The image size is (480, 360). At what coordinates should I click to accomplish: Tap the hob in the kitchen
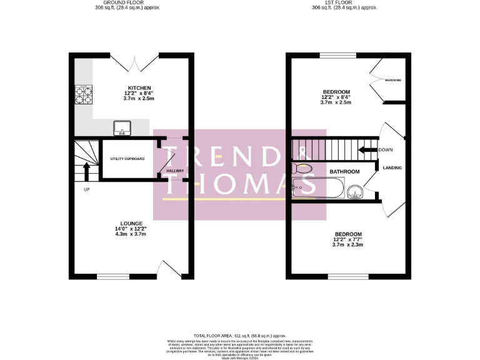coord(83,94)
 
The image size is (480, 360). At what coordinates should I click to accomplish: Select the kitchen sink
coord(121,129)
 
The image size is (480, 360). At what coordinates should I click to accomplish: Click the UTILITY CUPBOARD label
coord(127,159)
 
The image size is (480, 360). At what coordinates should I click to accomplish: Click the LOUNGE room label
coord(132,223)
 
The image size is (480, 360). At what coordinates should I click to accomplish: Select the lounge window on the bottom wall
coord(112,274)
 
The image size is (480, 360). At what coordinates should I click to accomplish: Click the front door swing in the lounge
coord(168,269)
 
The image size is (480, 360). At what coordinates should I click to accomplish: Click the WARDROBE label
coord(393,81)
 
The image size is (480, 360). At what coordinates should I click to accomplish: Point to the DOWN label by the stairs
coord(386,150)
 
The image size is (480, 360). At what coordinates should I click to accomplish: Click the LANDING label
coord(392,167)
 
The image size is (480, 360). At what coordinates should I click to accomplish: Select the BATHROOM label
coord(345,171)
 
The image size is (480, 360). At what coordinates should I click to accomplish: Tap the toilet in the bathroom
coord(302,169)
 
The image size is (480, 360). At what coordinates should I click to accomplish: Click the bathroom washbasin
coord(355,191)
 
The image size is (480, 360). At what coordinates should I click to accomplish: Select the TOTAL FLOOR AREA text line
coord(240,336)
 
